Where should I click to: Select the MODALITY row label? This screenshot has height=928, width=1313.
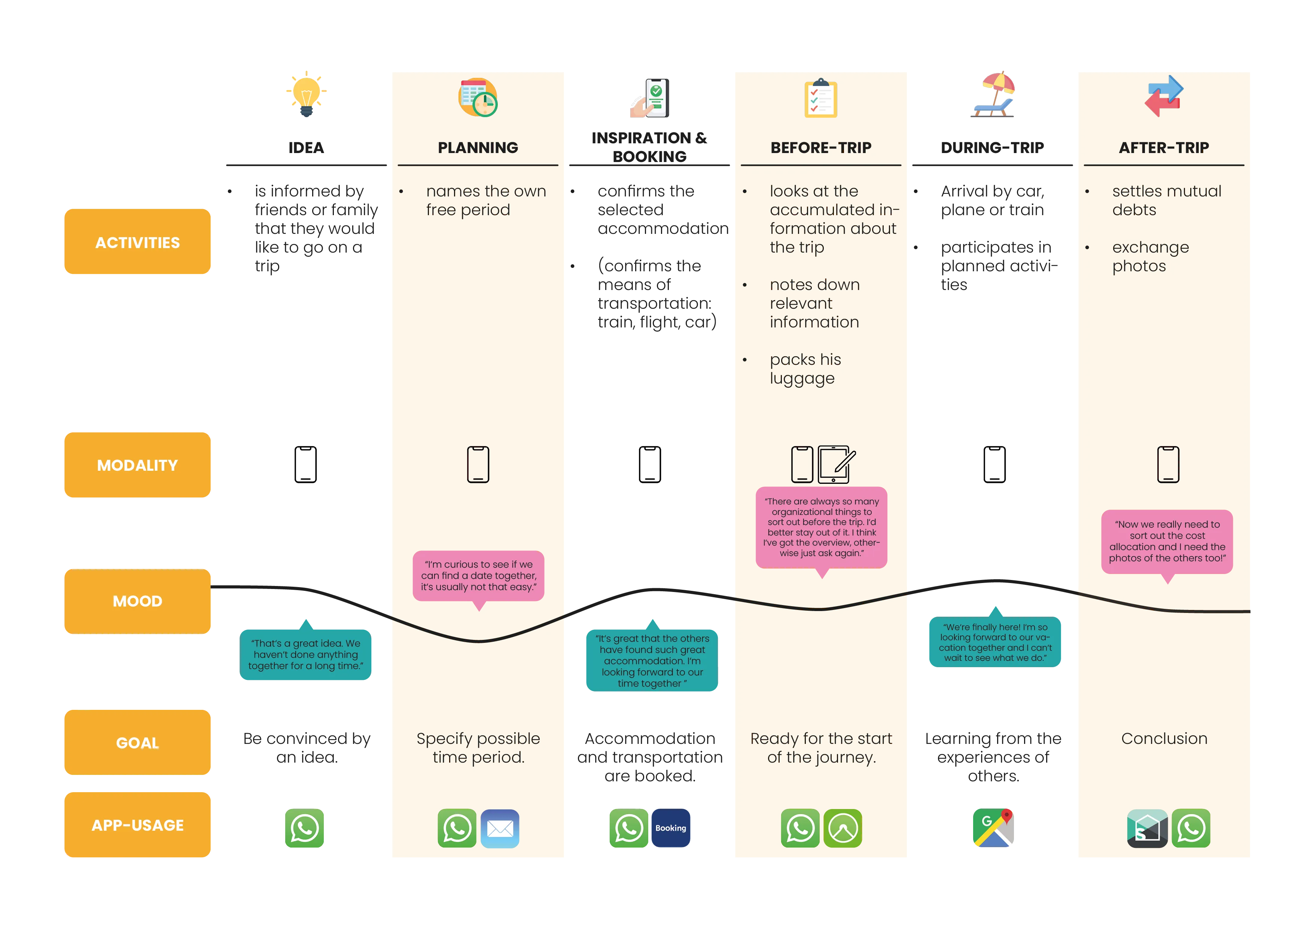click(137, 465)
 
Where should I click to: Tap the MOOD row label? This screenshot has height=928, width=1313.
click(137, 601)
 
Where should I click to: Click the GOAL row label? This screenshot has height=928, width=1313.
click(137, 742)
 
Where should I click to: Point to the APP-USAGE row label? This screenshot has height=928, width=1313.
click(137, 825)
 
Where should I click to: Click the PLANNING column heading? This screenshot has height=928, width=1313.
click(478, 147)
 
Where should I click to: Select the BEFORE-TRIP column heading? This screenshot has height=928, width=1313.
click(820, 147)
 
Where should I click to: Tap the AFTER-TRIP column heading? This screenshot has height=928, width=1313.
click(1164, 147)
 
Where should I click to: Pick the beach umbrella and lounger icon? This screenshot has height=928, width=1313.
click(994, 95)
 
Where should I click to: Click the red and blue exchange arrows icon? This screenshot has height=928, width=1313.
click(1164, 95)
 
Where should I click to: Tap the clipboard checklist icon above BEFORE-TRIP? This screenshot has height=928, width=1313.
click(820, 98)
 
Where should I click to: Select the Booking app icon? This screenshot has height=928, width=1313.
click(670, 828)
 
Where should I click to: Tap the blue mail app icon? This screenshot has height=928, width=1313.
click(500, 828)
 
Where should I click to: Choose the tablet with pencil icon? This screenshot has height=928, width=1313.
click(836, 464)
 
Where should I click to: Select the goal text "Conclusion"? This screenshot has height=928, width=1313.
click(1164, 738)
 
